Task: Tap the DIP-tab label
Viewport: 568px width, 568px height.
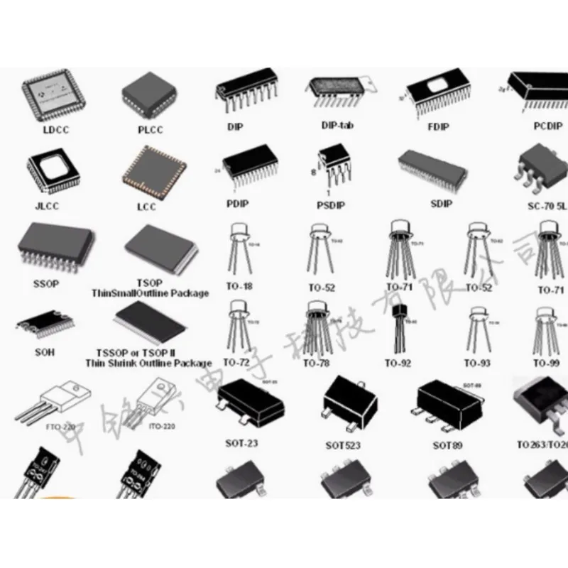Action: coord(337,126)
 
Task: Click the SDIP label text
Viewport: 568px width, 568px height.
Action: coord(441,204)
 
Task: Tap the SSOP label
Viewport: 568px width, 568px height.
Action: coord(47,283)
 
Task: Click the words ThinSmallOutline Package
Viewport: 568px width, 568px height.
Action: coord(150,293)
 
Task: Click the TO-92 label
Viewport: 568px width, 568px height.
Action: coord(398,363)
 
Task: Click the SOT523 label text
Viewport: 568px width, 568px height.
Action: coord(344,445)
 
